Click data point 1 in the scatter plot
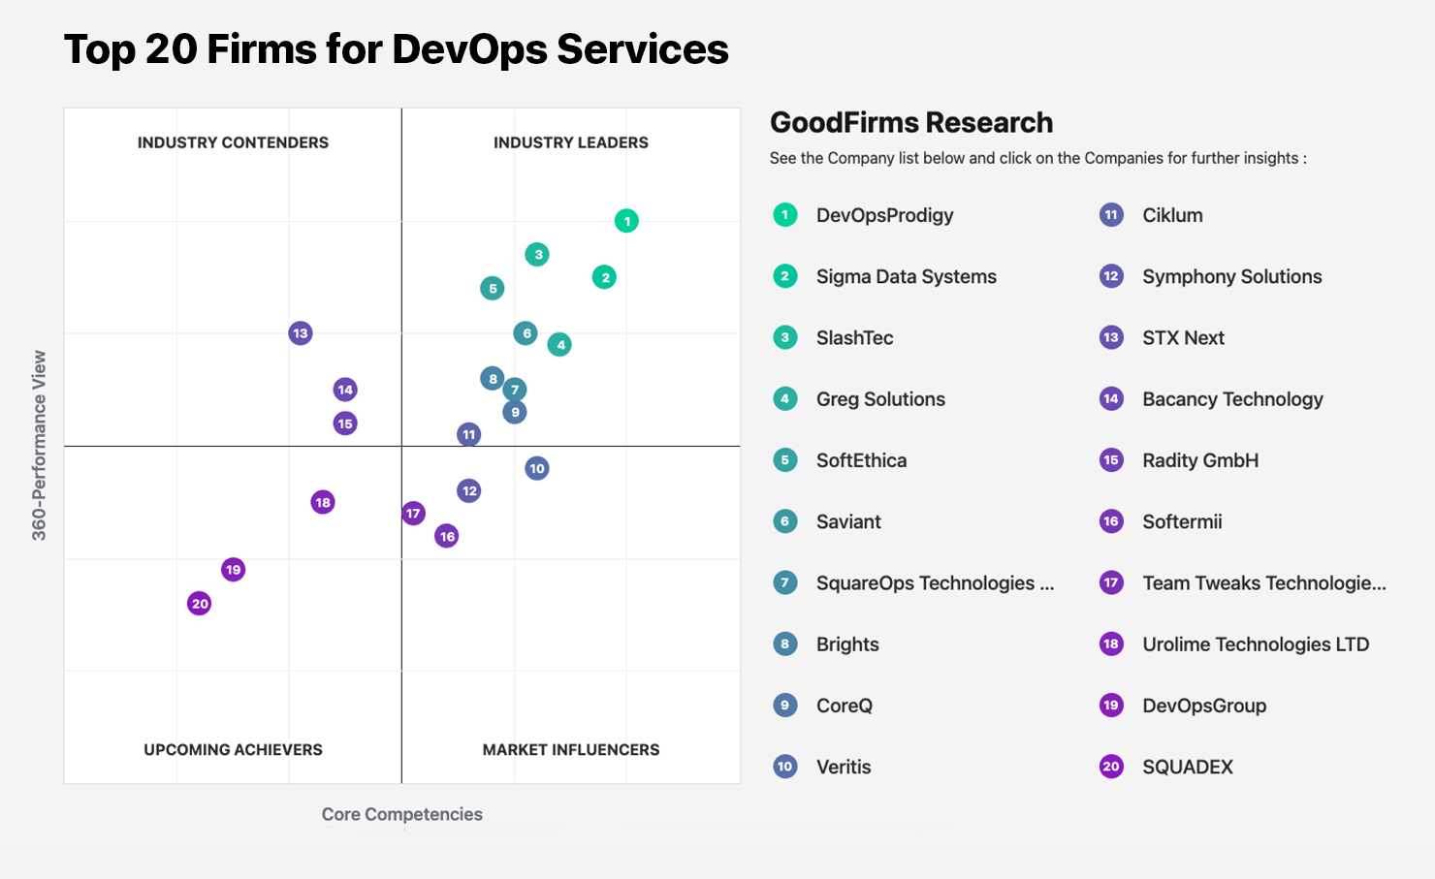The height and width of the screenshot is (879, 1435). tap(626, 221)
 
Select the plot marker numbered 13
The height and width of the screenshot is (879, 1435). tap(301, 333)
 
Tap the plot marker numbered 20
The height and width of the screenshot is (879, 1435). tap(199, 604)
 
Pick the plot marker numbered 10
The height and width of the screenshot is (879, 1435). tap(537, 468)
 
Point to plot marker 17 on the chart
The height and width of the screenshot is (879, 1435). tap(413, 514)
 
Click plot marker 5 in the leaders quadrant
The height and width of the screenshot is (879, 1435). tap(493, 288)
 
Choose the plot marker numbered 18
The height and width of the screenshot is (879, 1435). tap(323, 502)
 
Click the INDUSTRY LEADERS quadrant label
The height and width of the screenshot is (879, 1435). tap(570, 142)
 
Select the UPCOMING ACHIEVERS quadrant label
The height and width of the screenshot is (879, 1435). tap(233, 749)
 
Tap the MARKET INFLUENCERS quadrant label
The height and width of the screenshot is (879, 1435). tap(570, 749)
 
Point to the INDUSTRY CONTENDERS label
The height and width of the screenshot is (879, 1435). tap(233, 142)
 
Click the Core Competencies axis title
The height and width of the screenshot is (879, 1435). tap(401, 814)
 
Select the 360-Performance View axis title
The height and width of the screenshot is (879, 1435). tap(39, 445)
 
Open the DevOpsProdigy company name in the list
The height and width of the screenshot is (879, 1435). tap(884, 215)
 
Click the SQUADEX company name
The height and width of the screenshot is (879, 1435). tap(1187, 767)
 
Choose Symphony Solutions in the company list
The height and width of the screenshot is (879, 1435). tap(1231, 276)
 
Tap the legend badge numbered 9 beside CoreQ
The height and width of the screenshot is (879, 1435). tap(785, 706)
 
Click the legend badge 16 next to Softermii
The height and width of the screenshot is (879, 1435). tap(1111, 521)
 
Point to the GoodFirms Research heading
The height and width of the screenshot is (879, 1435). tap(910, 123)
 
